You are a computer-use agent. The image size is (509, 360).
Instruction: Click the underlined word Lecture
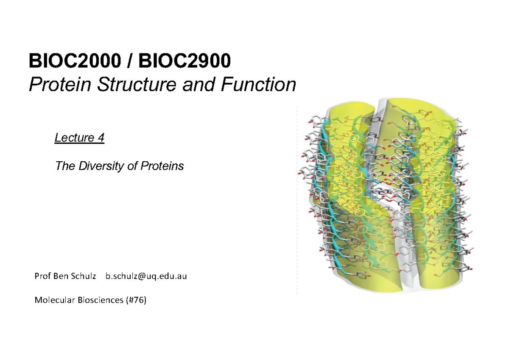[x=74, y=138]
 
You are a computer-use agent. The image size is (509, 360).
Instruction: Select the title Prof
[x=42, y=276]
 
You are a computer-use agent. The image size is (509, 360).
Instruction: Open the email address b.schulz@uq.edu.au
[x=146, y=276]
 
